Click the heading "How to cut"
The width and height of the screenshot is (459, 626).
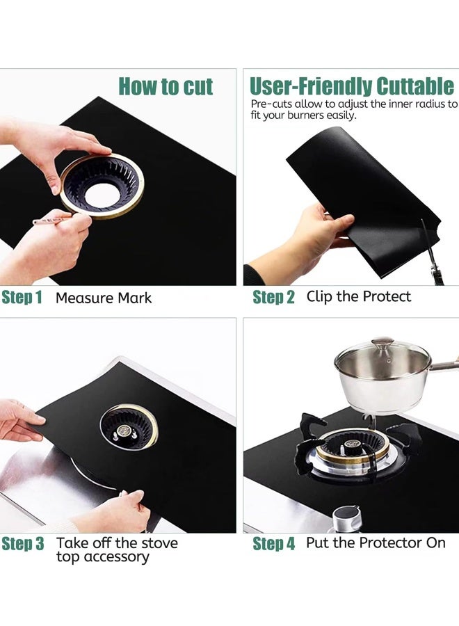point(166,86)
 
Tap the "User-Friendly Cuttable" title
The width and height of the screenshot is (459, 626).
point(352,86)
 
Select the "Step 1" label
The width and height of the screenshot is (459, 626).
point(22,298)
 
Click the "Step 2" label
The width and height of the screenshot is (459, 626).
point(273,297)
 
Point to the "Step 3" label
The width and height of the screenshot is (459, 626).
point(23,544)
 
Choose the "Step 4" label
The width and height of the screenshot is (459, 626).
point(274,544)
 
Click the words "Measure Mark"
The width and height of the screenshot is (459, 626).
point(104,298)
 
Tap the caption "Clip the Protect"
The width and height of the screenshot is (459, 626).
point(358,296)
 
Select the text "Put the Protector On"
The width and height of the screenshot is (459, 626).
point(376,543)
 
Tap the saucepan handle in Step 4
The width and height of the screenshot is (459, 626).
point(444,365)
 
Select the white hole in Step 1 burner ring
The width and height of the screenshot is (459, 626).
point(102,195)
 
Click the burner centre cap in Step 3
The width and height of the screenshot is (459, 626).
point(124,431)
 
